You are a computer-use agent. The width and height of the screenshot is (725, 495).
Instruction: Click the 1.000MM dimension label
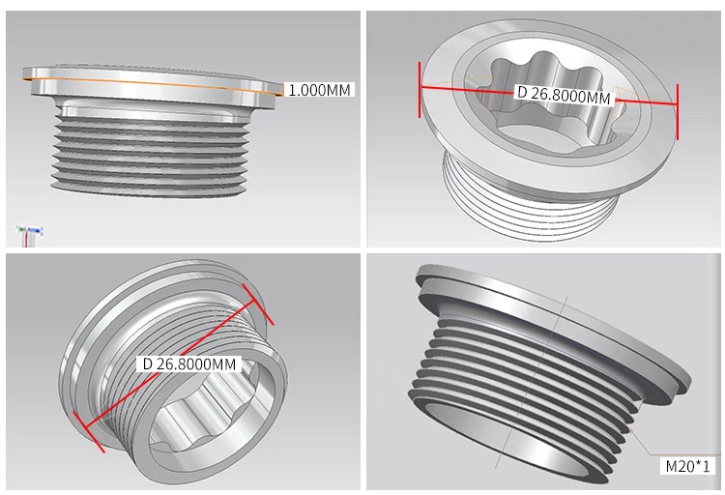coord(319,89)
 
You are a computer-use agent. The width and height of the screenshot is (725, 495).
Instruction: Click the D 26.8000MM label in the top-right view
coord(565,95)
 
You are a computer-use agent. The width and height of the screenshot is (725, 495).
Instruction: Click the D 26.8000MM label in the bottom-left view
coord(189,364)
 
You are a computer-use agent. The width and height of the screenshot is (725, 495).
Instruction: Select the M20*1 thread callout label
coord(687,466)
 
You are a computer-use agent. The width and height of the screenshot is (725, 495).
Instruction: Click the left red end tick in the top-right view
coord(420,89)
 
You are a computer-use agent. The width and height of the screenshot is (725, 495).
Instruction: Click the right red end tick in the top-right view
coord(678,111)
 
